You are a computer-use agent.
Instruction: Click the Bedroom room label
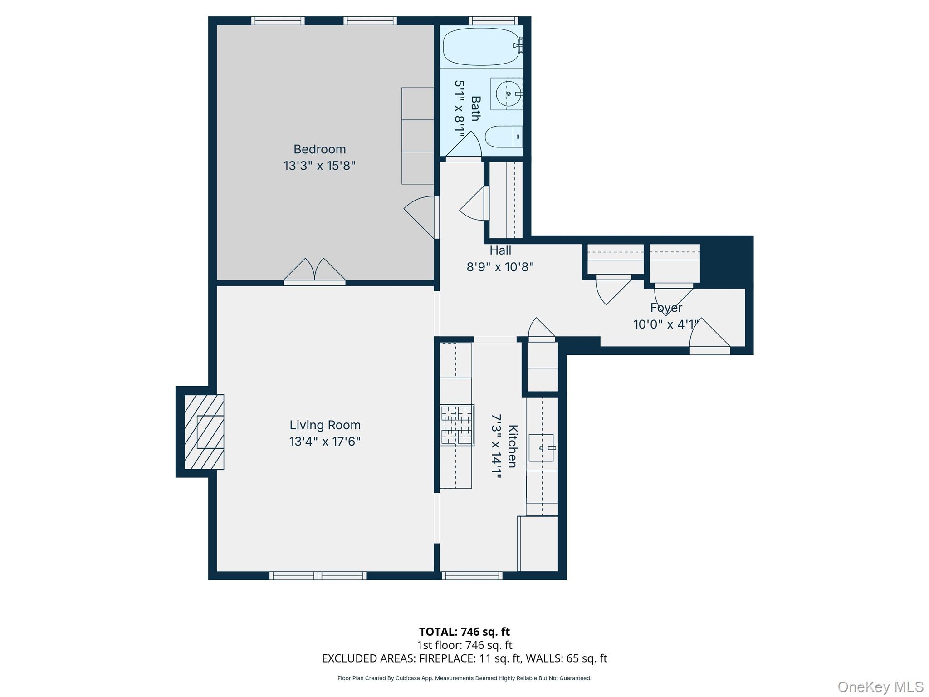tap(319, 149)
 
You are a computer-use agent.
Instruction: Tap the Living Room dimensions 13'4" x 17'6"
tap(325, 442)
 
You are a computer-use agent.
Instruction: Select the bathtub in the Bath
tap(481, 46)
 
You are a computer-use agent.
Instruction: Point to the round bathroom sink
tap(508, 93)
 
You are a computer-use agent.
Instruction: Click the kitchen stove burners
tap(457, 425)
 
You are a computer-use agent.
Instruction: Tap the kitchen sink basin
tap(541, 448)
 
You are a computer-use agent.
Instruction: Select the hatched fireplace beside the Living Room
tap(204, 432)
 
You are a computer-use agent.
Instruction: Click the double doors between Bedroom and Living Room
tap(314, 272)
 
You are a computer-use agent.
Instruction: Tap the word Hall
tap(500, 250)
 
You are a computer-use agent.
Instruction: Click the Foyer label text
tap(666, 308)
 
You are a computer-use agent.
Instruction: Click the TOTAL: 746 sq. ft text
tap(464, 632)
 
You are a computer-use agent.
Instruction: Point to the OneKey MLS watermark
tap(880, 687)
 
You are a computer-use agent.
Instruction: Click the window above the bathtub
tap(493, 20)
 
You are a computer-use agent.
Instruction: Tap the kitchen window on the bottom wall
tap(472, 576)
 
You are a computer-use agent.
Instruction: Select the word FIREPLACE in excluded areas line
tap(447, 658)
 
